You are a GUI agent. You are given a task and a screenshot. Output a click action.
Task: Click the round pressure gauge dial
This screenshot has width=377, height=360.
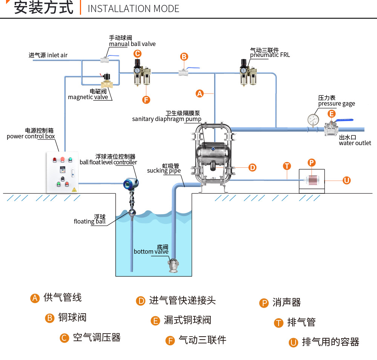coord(313,120)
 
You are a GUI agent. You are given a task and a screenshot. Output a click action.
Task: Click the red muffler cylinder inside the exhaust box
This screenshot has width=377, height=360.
coord(312,180)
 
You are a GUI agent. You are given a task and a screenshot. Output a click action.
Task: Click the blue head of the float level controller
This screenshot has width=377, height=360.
coord(130,184)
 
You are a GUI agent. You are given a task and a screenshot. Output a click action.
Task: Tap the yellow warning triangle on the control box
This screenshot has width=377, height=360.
coord(74,190)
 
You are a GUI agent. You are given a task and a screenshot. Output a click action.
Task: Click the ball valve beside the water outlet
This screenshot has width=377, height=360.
coord(332,129)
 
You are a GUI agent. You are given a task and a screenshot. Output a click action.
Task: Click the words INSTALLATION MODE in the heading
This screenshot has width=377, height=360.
coord(133,9)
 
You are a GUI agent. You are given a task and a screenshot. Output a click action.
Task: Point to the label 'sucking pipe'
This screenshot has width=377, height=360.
coord(164,171)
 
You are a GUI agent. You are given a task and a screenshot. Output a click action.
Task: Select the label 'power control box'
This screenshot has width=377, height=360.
coord(31,136)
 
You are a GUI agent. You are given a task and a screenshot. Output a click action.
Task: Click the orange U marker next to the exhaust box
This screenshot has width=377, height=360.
coord(346,180)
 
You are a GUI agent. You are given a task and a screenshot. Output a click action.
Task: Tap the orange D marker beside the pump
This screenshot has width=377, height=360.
coord(253,167)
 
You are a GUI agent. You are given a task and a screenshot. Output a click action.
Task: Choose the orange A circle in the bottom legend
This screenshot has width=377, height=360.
coord(35,298)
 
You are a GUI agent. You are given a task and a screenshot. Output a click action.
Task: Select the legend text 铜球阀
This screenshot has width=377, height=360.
coord(72,317)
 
